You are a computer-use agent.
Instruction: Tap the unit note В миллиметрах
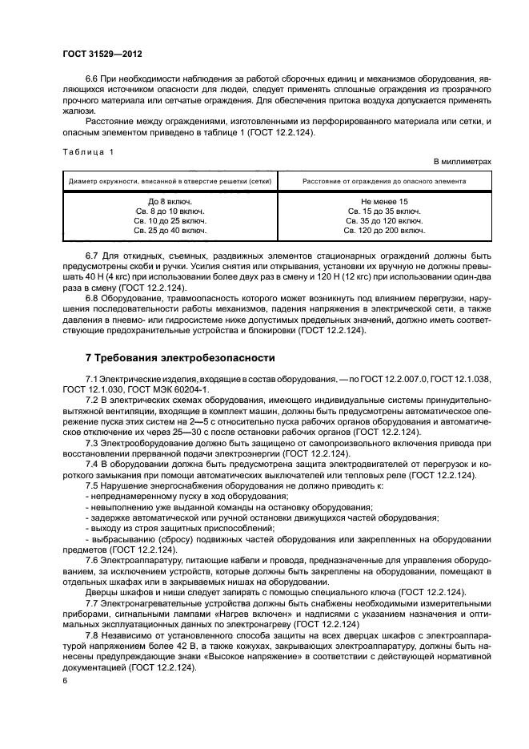click(x=462, y=161)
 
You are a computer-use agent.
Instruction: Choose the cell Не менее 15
click(x=384, y=201)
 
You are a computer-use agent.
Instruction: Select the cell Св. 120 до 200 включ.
click(x=384, y=230)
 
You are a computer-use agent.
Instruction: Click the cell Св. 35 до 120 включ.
click(x=384, y=220)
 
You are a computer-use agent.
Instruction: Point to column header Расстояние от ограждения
click(x=384, y=181)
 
